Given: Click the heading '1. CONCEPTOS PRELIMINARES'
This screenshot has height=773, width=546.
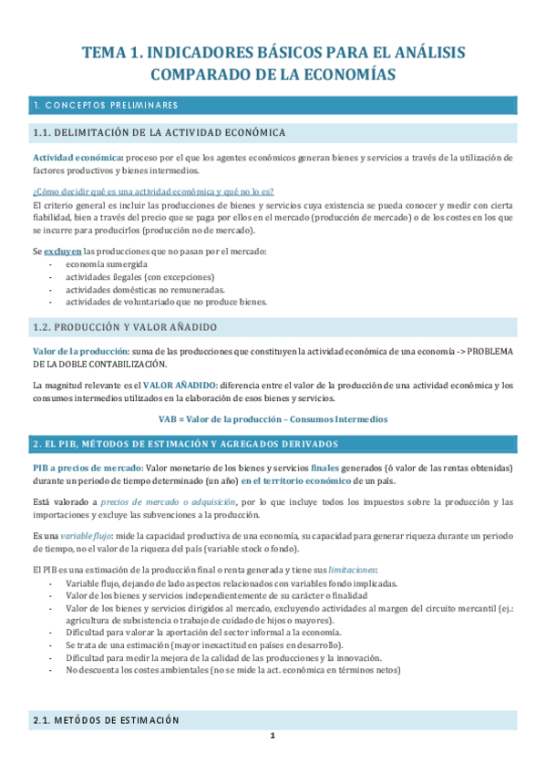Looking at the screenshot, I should (x=105, y=105).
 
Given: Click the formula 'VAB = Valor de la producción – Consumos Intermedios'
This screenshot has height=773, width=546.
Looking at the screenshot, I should (x=273, y=418).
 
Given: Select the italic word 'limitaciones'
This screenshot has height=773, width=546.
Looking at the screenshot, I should (x=351, y=569).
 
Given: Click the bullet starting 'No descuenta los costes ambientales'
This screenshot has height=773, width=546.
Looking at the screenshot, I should (x=232, y=670).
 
